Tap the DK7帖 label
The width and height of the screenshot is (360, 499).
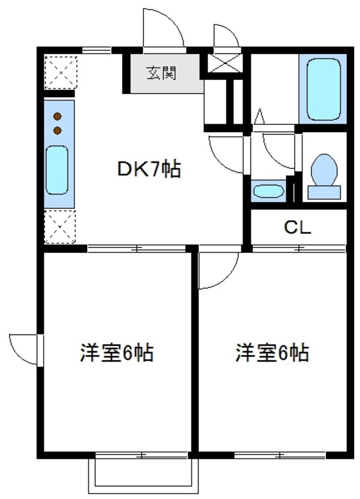[149, 171]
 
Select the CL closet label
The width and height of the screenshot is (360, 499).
[297, 228]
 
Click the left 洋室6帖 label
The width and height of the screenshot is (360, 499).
[117, 353]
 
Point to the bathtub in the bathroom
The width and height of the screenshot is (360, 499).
[323, 88]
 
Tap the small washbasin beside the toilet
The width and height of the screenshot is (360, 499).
[268, 191]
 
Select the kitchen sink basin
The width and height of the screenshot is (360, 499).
[58, 170]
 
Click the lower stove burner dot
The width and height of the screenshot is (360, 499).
[58, 129]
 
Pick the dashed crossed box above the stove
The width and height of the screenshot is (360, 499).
[61, 73]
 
